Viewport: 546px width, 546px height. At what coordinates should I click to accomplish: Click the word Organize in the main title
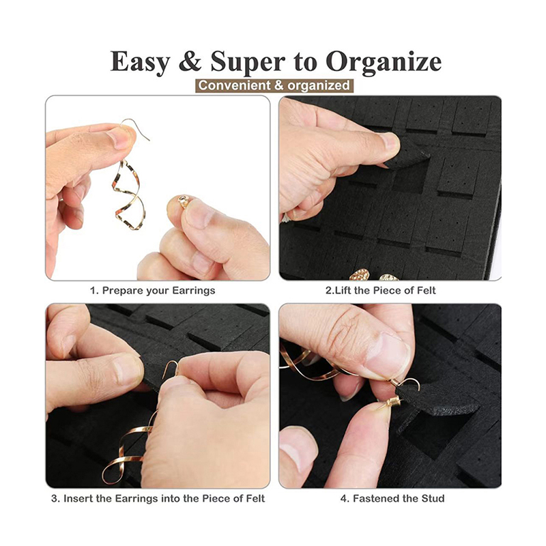(384, 62)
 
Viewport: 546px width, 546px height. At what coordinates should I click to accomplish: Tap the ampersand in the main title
(190, 61)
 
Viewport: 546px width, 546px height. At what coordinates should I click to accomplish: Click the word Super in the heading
(248, 62)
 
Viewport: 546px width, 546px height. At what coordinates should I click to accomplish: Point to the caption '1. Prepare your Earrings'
(152, 291)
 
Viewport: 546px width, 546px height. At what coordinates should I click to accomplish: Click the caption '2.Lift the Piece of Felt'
(380, 290)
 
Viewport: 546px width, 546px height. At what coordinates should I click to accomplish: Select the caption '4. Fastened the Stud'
(392, 498)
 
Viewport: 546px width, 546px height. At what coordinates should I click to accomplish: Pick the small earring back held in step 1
(184, 201)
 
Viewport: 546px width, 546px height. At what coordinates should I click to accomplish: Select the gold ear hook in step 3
(171, 368)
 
